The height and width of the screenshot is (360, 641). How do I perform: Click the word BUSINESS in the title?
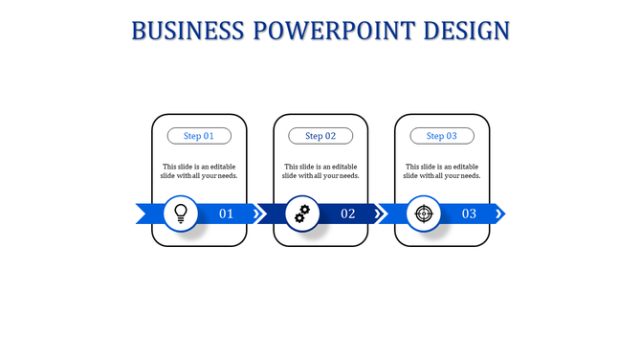(x=187, y=31)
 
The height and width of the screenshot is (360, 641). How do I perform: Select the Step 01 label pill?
(x=199, y=136)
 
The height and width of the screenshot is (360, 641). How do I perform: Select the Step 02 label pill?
(x=320, y=136)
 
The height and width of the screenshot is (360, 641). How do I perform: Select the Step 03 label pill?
(x=442, y=136)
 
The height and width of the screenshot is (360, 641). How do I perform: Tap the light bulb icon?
(x=180, y=214)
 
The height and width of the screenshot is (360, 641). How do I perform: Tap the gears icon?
(x=301, y=214)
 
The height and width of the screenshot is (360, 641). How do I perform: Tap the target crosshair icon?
(x=423, y=214)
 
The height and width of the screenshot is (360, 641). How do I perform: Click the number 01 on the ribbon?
(x=227, y=214)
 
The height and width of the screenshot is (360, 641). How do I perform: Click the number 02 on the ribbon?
(x=348, y=214)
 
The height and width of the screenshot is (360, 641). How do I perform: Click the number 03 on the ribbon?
(x=469, y=214)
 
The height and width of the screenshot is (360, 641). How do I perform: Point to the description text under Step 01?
(x=199, y=170)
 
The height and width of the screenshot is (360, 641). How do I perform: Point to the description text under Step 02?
(x=320, y=170)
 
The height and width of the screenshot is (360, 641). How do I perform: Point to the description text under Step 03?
(x=442, y=170)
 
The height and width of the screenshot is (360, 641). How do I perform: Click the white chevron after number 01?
(x=258, y=214)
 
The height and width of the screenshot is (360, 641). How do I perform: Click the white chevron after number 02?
(x=380, y=214)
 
